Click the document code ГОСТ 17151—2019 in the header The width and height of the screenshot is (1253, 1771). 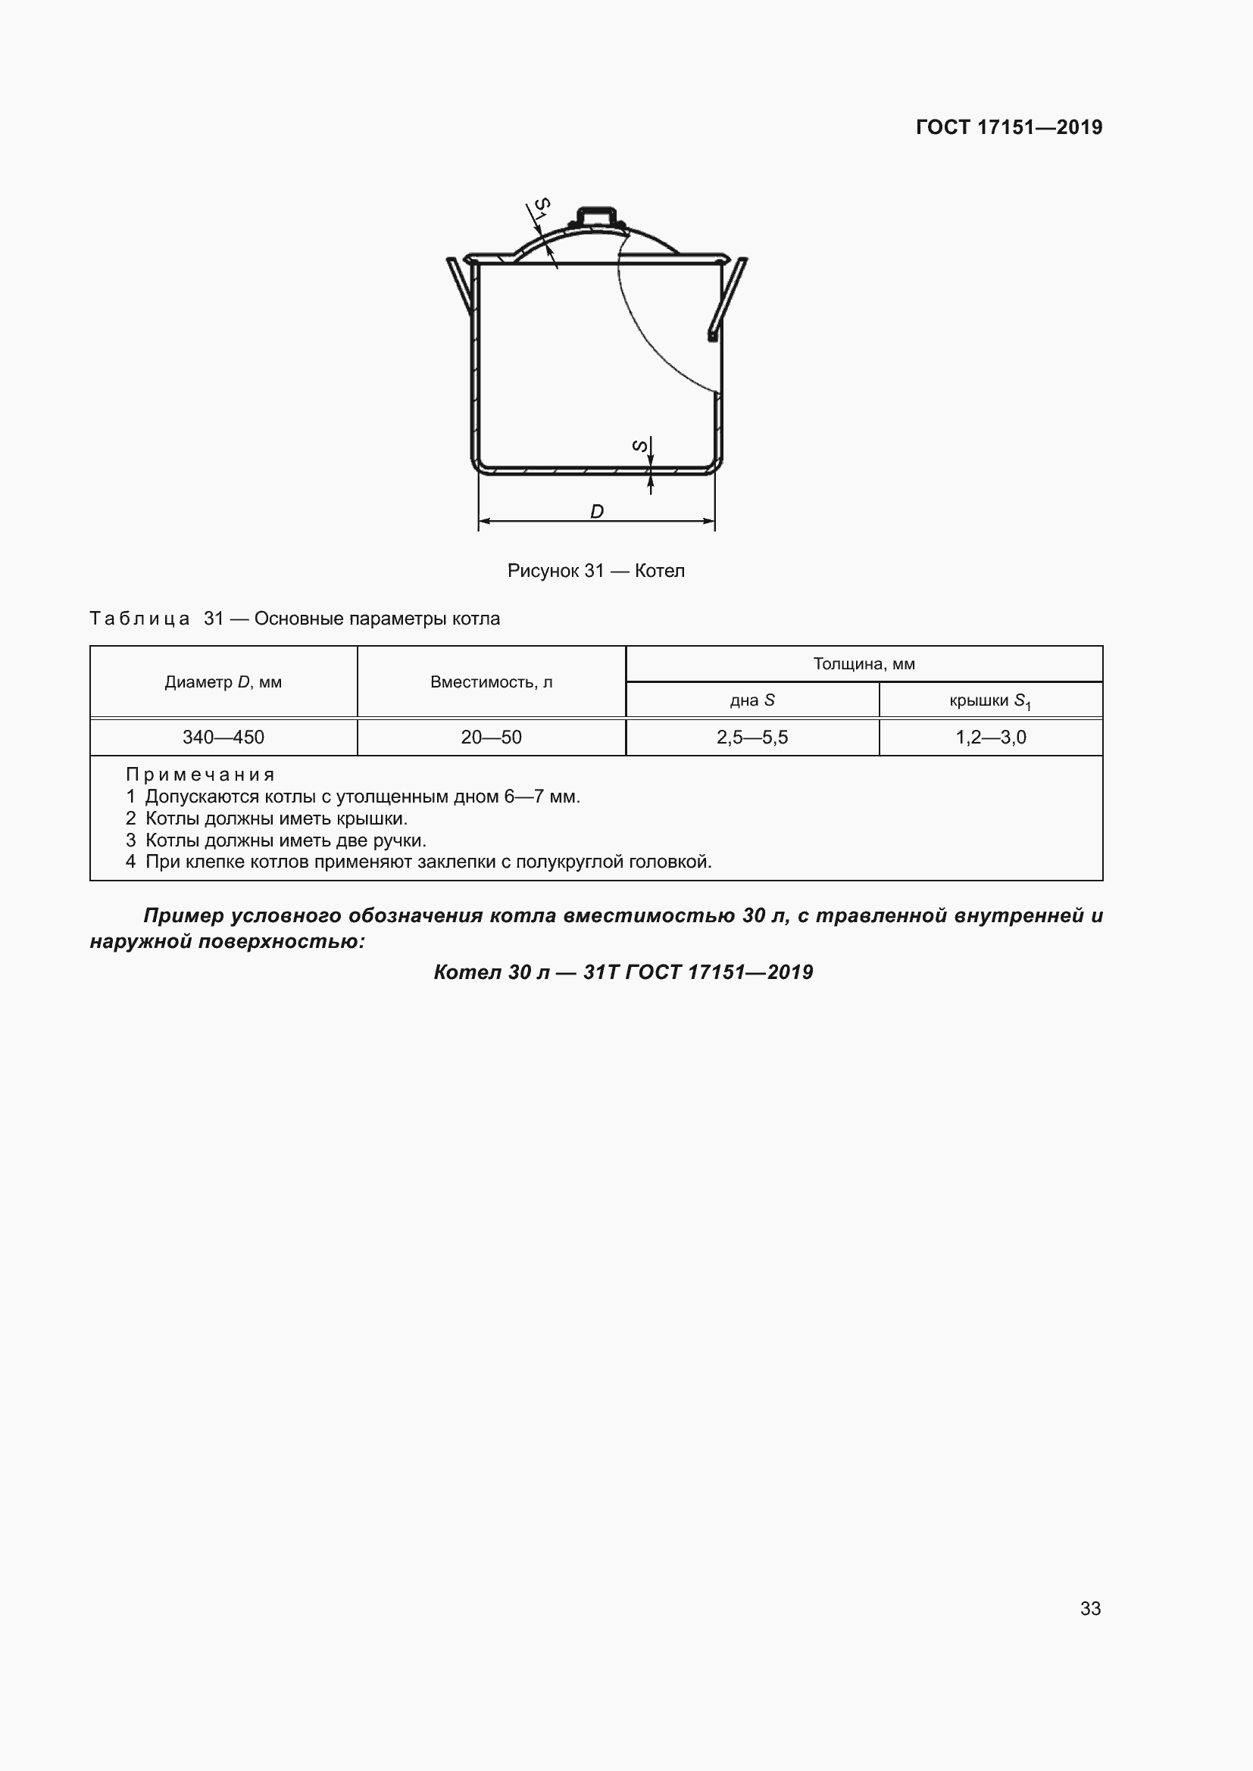(x=1009, y=127)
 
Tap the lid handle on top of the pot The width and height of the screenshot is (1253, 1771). (x=597, y=217)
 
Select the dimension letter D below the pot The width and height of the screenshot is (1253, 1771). (x=596, y=511)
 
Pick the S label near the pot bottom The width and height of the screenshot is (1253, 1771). (x=639, y=446)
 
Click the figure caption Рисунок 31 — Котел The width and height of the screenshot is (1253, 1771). (x=595, y=571)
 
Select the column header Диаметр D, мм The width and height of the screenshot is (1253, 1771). (x=223, y=682)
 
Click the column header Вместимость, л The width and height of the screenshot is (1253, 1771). (x=492, y=682)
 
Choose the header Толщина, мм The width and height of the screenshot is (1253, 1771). (x=864, y=664)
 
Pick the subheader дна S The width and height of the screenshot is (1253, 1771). (x=752, y=700)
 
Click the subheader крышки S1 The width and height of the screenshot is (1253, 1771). (x=991, y=700)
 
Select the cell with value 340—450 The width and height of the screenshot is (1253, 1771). (x=223, y=737)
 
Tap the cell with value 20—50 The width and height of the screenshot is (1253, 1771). (x=492, y=737)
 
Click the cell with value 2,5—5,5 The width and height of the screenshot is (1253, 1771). (x=752, y=737)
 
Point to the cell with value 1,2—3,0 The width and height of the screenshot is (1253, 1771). (x=991, y=737)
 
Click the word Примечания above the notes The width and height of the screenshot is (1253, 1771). (x=201, y=775)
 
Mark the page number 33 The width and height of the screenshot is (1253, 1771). (x=1090, y=1608)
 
